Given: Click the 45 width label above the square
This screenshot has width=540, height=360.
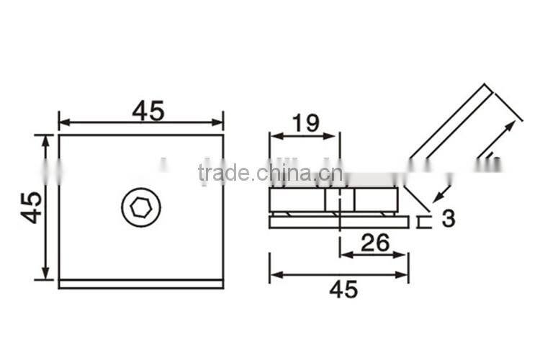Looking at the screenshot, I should click(148, 110).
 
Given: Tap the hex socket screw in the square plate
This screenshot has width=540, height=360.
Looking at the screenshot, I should click(140, 207).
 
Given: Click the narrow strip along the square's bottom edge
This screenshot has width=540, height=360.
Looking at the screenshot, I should click(140, 284).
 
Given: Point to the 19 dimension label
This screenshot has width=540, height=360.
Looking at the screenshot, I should click(305, 123).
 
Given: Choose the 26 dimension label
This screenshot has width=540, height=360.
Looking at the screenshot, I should click(374, 243).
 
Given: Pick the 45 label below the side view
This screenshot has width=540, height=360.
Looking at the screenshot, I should click(343, 289).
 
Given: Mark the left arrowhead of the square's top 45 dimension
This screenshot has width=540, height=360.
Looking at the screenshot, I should click(63, 121).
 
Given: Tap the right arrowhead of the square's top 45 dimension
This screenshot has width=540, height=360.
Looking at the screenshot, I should click(218, 121).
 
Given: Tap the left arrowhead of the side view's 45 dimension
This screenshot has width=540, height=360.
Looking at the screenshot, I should click(274, 274).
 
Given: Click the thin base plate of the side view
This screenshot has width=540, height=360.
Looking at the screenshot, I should click(338, 222).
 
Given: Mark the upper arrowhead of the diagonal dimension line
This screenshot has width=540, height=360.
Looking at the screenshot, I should click(512, 125).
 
